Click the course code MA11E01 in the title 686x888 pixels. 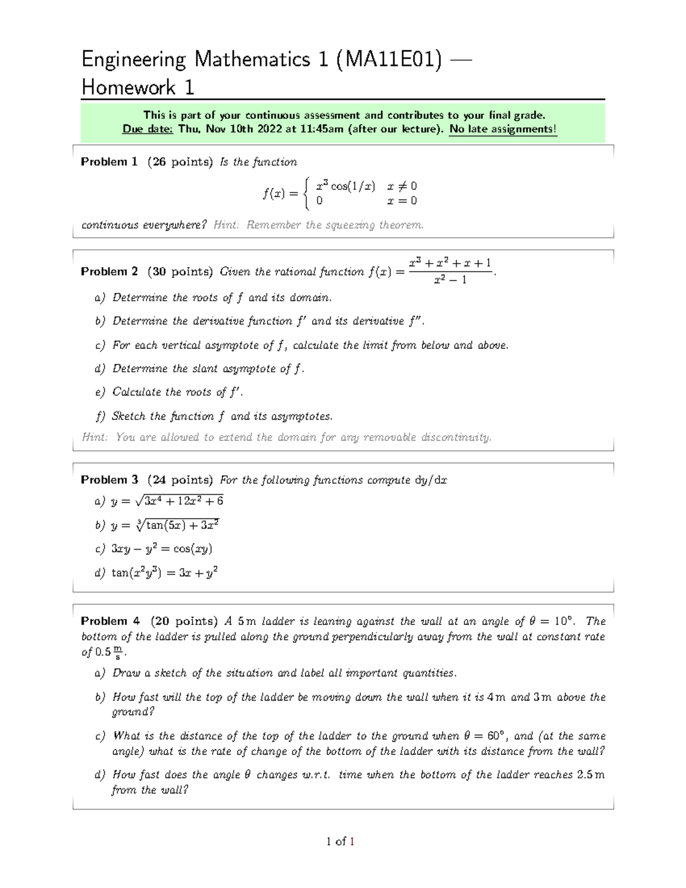(x=389, y=59)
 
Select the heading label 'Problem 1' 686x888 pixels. (x=109, y=162)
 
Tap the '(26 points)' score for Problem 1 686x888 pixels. (x=180, y=162)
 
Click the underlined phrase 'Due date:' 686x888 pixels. (x=147, y=129)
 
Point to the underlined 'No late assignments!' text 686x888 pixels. (x=502, y=129)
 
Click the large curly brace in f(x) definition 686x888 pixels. (x=307, y=193)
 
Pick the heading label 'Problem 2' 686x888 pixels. (x=109, y=272)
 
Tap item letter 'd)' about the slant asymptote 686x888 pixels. (x=100, y=369)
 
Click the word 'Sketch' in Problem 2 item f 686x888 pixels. (x=129, y=416)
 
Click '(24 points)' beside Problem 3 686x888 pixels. (x=180, y=480)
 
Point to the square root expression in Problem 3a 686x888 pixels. (x=179, y=501)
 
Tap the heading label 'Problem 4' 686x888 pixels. (x=110, y=621)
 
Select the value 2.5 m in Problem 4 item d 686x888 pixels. (x=591, y=775)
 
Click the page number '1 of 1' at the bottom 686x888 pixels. (x=341, y=841)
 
